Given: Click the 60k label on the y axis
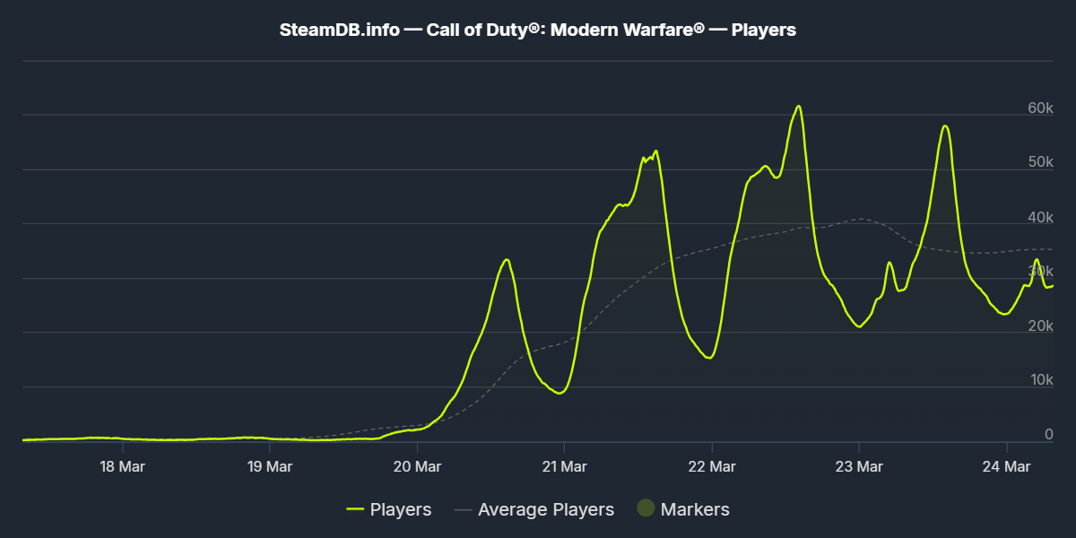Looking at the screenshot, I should (1040, 108).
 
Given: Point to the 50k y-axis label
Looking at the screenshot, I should (1040, 163).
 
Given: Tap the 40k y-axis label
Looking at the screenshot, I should (1040, 218).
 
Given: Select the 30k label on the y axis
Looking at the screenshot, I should (1040, 272).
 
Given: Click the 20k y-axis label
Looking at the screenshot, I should (1040, 326).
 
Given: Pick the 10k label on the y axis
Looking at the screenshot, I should (1040, 381).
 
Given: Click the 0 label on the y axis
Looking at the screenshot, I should (1048, 435).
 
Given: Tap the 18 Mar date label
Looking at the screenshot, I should (123, 466).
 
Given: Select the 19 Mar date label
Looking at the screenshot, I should (270, 466).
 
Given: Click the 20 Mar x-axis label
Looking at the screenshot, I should (417, 466).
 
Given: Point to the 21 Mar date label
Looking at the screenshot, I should (564, 466).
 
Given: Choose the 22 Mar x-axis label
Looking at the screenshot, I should (711, 466).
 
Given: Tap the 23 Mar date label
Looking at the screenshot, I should (859, 466).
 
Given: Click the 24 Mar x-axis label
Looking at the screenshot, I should (1006, 466).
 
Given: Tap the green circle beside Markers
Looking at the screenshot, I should (646, 508).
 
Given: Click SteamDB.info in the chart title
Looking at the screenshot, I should (340, 30).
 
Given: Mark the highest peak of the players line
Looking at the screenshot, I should (798, 106).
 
